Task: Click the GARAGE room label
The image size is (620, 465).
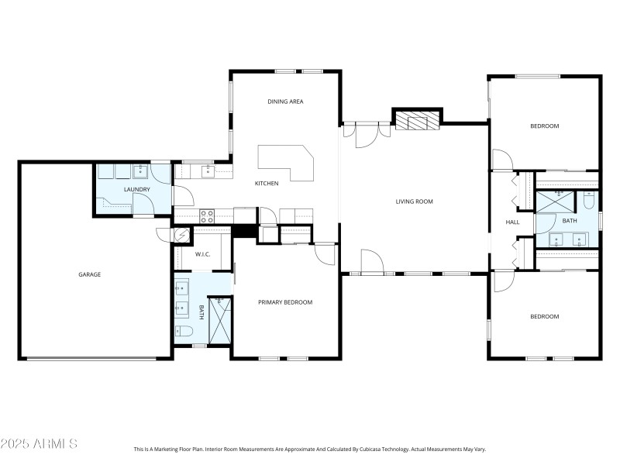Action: (x=89, y=274)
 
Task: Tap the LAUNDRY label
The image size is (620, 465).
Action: (x=136, y=189)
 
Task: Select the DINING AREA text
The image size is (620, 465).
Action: (x=284, y=102)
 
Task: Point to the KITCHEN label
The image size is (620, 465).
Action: (x=267, y=184)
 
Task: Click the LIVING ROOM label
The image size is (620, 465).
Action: (x=414, y=201)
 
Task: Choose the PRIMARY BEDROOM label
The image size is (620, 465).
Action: (x=285, y=302)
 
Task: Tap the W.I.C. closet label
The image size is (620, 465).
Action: (x=203, y=254)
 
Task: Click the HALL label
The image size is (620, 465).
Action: (x=512, y=222)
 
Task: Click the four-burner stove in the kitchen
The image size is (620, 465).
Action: (x=207, y=215)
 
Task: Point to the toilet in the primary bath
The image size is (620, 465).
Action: (x=183, y=332)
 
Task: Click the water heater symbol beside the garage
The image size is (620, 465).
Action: (x=182, y=235)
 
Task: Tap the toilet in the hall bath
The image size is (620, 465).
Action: (x=589, y=202)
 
